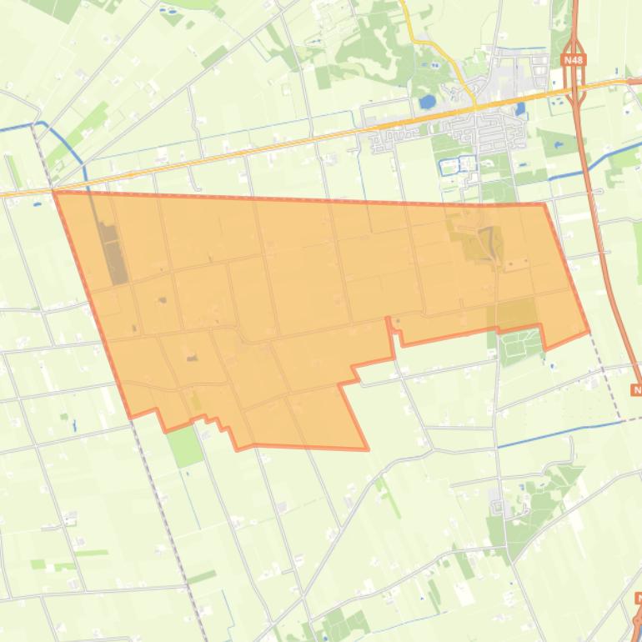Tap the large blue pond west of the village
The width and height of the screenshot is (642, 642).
427,102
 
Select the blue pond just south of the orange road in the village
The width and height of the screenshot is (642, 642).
520,108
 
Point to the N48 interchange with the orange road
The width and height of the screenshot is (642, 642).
575,85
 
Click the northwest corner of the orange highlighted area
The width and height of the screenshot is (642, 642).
55,192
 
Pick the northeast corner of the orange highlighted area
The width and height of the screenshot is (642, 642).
544,204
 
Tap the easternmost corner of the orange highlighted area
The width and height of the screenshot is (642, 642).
589,331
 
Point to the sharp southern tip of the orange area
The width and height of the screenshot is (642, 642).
368,449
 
